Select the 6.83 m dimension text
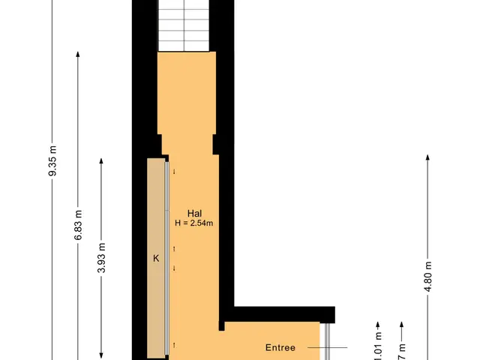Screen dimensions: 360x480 coord(77,226)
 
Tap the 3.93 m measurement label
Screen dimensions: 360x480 coord(102,258)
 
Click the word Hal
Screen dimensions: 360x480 coord(195,212)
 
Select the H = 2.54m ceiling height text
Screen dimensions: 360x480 coord(195,223)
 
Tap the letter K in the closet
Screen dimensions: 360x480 coord(156,259)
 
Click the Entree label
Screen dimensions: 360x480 coord(280,348)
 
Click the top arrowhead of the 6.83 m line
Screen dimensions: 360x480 coord(77,55)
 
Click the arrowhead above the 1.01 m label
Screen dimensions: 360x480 coord(378,324)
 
